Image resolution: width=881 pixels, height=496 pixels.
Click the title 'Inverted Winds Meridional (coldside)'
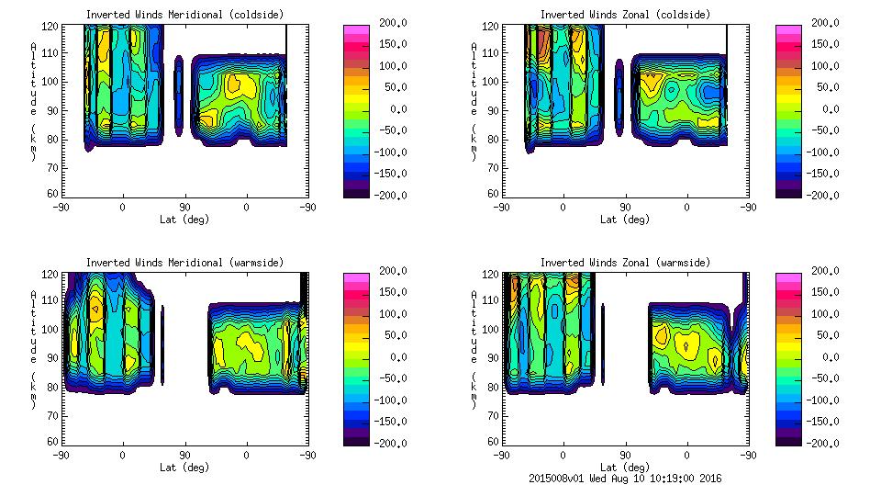tap(184, 15)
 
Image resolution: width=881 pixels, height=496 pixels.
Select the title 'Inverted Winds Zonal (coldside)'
tap(625, 15)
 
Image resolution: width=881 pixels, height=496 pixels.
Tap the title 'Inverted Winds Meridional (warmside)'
tap(184, 263)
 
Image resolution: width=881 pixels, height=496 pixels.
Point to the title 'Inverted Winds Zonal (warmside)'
tap(625, 263)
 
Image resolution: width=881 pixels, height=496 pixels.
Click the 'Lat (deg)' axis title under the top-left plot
tap(184, 220)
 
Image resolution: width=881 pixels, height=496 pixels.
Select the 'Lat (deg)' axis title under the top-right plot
tap(625, 220)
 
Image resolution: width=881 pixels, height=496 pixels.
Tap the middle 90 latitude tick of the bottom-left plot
tap(184, 455)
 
